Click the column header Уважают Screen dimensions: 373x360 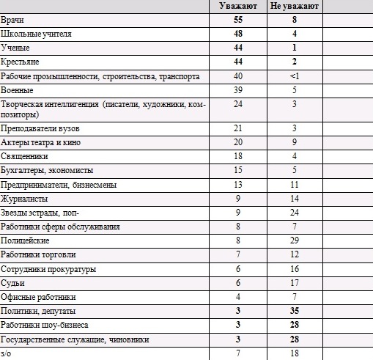tap(238, 6)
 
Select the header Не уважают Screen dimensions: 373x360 tap(295, 6)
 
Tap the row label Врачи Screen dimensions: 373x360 tap(12, 20)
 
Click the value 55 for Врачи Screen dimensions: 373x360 tap(238, 20)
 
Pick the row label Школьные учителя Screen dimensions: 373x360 tap(36, 34)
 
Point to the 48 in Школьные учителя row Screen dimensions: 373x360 tap(238, 34)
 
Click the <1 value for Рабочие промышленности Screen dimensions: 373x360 tap(295, 76)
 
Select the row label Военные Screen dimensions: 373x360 tap(17, 90)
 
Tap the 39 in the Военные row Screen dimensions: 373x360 tap(238, 90)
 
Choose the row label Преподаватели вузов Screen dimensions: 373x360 tap(40, 128)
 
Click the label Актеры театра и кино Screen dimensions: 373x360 tap(40, 142)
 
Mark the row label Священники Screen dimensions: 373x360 tap(24, 156)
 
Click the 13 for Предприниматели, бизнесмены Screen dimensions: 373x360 tap(238, 185)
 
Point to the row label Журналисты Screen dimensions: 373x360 tap(24, 199)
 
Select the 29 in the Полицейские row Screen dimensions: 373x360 tap(295, 240)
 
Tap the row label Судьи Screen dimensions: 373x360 tap(12, 283)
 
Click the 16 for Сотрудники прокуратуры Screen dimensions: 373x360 tap(295, 269)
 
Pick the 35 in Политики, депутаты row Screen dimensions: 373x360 tap(295, 311)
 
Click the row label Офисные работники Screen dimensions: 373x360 tap(38, 297)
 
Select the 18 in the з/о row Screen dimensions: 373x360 tap(295, 353)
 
